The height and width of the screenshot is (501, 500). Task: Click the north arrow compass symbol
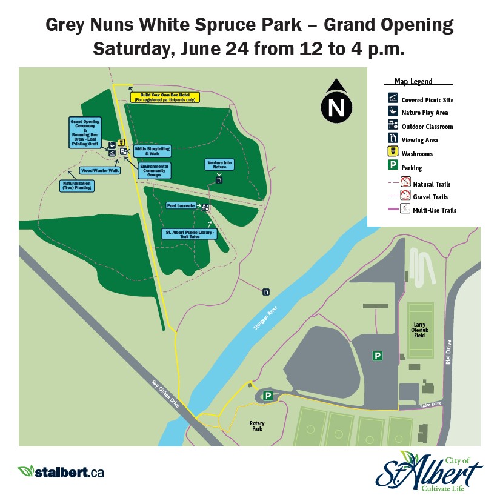pos(336,103)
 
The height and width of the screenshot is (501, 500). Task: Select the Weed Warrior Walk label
pos(100,171)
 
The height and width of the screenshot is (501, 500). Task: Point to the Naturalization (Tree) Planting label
pos(76,186)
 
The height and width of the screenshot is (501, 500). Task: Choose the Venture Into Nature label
pos(219,164)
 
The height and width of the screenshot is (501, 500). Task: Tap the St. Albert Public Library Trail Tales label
pos(190,234)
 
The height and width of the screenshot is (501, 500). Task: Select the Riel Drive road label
pos(448,351)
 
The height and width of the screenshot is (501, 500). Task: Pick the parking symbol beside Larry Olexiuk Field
pos(377,356)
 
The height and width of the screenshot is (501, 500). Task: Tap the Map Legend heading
pos(413,81)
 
